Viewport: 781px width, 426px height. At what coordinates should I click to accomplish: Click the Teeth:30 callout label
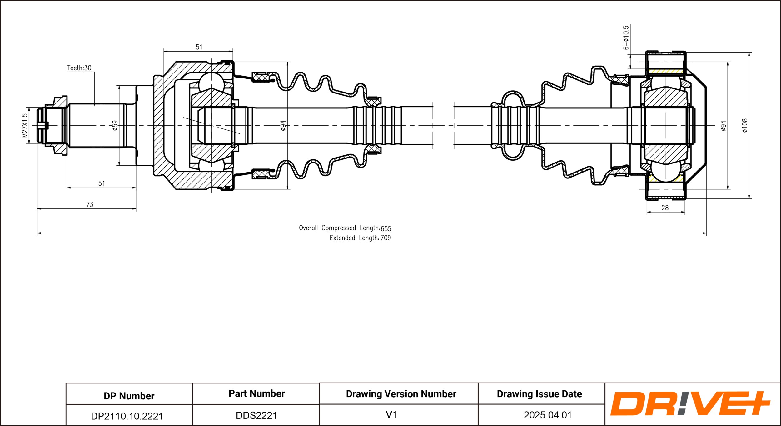pyautogui.click(x=79, y=68)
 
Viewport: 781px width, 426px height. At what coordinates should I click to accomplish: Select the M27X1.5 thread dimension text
pyautogui.click(x=25, y=125)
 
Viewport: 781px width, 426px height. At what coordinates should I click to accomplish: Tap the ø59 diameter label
pyautogui.click(x=115, y=125)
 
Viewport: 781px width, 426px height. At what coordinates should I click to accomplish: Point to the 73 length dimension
pyautogui.click(x=90, y=204)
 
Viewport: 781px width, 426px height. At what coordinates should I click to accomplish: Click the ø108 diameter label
pyautogui.click(x=745, y=125)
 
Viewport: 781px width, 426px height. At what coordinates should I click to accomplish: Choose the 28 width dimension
pyautogui.click(x=665, y=208)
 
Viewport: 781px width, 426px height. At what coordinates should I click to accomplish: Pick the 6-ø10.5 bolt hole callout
pyautogui.click(x=626, y=38)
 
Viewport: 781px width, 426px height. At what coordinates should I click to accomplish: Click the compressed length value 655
pyautogui.click(x=386, y=228)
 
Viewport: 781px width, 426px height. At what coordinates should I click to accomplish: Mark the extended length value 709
pyautogui.click(x=386, y=238)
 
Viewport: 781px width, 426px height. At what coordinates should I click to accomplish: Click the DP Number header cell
pyautogui.click(x=129, y=396)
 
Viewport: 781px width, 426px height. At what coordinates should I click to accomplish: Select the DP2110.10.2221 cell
pyautogui.click(x=127, y=416)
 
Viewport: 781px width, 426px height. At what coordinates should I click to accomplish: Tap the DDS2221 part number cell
pyautogui.click(x=256, y=415)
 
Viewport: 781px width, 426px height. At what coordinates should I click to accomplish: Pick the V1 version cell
pyautogui.click(x=391, y=414)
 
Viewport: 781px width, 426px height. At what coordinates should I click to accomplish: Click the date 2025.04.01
pyautogui.click(x=548, y=415)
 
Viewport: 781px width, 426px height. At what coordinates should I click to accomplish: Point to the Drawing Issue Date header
pyautogui.click(x=539, y=394)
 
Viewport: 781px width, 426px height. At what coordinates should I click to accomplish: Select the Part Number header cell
pyautogui.click(x=256, y=393)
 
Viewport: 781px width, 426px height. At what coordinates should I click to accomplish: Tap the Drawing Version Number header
pyautogui.click(x=401, y=394)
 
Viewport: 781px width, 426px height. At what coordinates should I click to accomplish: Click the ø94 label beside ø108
pyautogui.click(x=724, y=125)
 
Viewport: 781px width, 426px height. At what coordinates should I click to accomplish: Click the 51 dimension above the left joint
pyautogui.click(x=199, y=47)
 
